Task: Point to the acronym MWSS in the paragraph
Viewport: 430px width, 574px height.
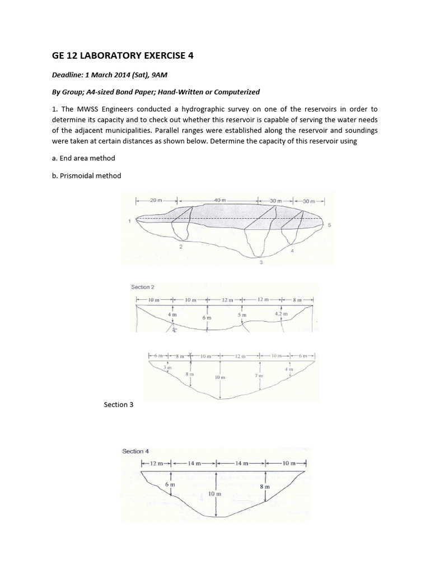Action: pyautogui.click(x=80, y=109)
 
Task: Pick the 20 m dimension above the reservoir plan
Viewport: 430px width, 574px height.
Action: pyautogui.click(x=156, y=200)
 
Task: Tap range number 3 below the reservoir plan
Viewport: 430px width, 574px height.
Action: pyautogui.click(x=261, y=263)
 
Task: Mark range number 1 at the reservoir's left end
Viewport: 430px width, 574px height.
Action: pyautogui.click(x=129, y=221)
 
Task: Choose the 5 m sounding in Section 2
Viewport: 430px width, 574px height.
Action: pyautogui.click(x=241, y=315)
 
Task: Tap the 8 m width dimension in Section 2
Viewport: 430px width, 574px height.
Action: pyautogui.click(x=295, y=300)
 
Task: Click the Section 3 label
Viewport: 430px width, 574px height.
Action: pyautogui.click(x=119, y=404)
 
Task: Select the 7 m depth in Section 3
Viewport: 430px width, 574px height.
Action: pyautogui.click(x=259, y=374)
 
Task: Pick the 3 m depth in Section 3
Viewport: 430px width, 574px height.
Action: pyautogui.click(x=166, y=367)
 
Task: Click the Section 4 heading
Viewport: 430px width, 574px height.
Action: pyautogui.click(x=135, y=451)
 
